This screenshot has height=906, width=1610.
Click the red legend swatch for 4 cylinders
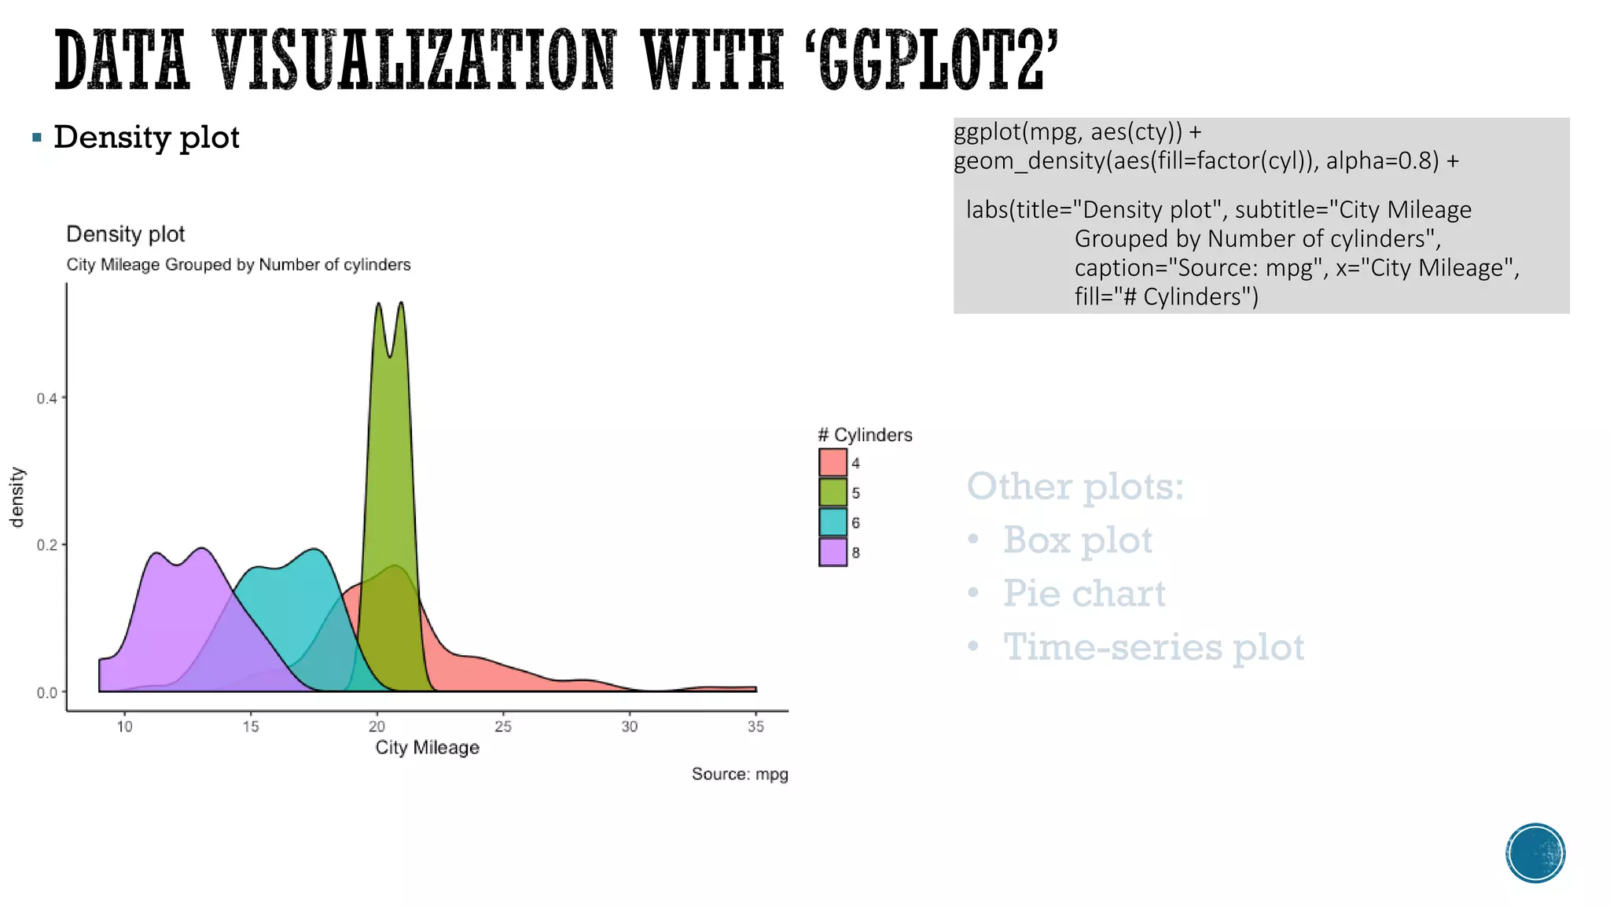(833, 462)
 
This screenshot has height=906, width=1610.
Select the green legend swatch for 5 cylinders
(833, 492)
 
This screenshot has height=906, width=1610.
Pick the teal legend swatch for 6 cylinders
(833, 522)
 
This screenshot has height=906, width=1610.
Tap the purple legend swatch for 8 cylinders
(833, 552)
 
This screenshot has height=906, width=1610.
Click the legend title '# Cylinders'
(865, 435)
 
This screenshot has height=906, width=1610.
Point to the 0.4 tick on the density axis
(47, 399)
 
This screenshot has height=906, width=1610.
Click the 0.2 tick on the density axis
(47, 545)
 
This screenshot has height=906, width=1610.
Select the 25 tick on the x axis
(503, 726)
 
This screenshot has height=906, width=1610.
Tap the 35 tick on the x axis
(755, 726)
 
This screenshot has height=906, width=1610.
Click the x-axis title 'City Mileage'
(427, 747)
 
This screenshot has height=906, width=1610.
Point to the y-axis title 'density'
(17, 497)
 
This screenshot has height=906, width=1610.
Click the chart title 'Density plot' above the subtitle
(125, 234)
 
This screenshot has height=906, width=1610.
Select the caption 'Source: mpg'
(739, 774)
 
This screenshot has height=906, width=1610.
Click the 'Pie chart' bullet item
(1083, 594)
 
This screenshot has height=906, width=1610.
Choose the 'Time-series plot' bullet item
(1152, 647)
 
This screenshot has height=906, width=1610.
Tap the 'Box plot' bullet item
(1077, 540)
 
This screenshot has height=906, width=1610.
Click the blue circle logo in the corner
(1535, 853)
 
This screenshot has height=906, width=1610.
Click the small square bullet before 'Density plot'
(37, 138)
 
